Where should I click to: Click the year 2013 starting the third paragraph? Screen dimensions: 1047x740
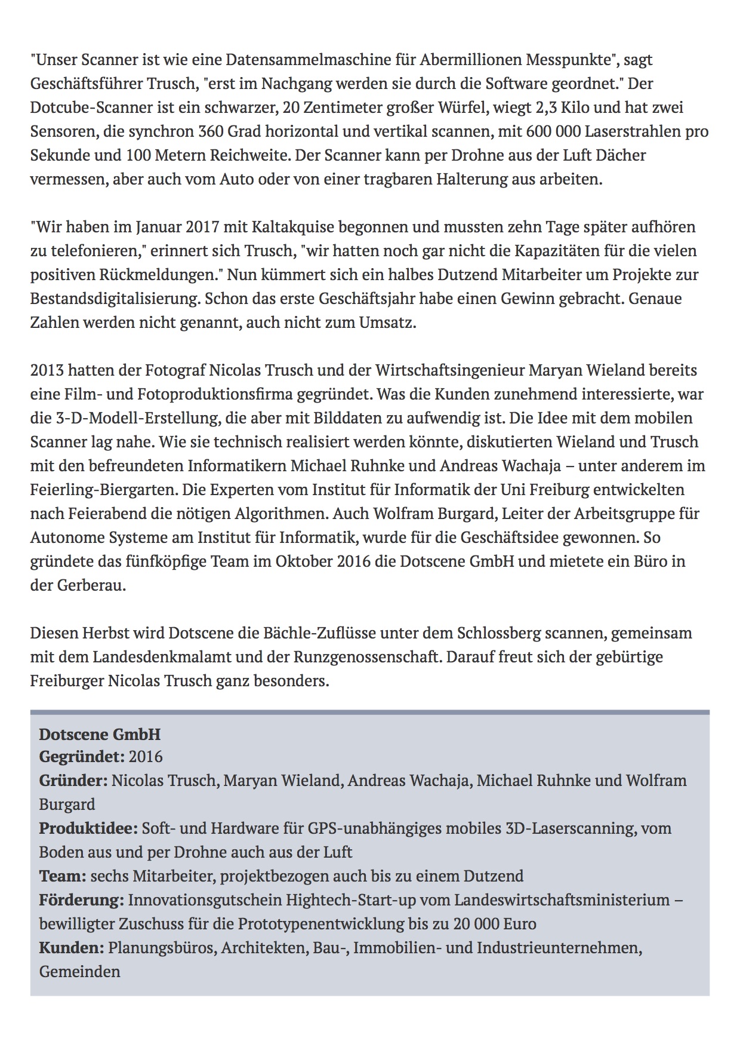click(47, 370)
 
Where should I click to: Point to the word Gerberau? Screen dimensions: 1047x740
click(87, 585)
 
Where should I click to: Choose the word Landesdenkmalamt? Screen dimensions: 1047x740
click(158, 657)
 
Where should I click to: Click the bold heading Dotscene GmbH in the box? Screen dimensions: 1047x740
click(100, 734)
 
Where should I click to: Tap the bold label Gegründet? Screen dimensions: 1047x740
click(82, 757)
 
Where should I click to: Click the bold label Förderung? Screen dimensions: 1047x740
click(82, 900)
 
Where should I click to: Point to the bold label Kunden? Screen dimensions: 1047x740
click(72, 948)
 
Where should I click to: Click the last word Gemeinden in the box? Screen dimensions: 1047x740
click(79, 972)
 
